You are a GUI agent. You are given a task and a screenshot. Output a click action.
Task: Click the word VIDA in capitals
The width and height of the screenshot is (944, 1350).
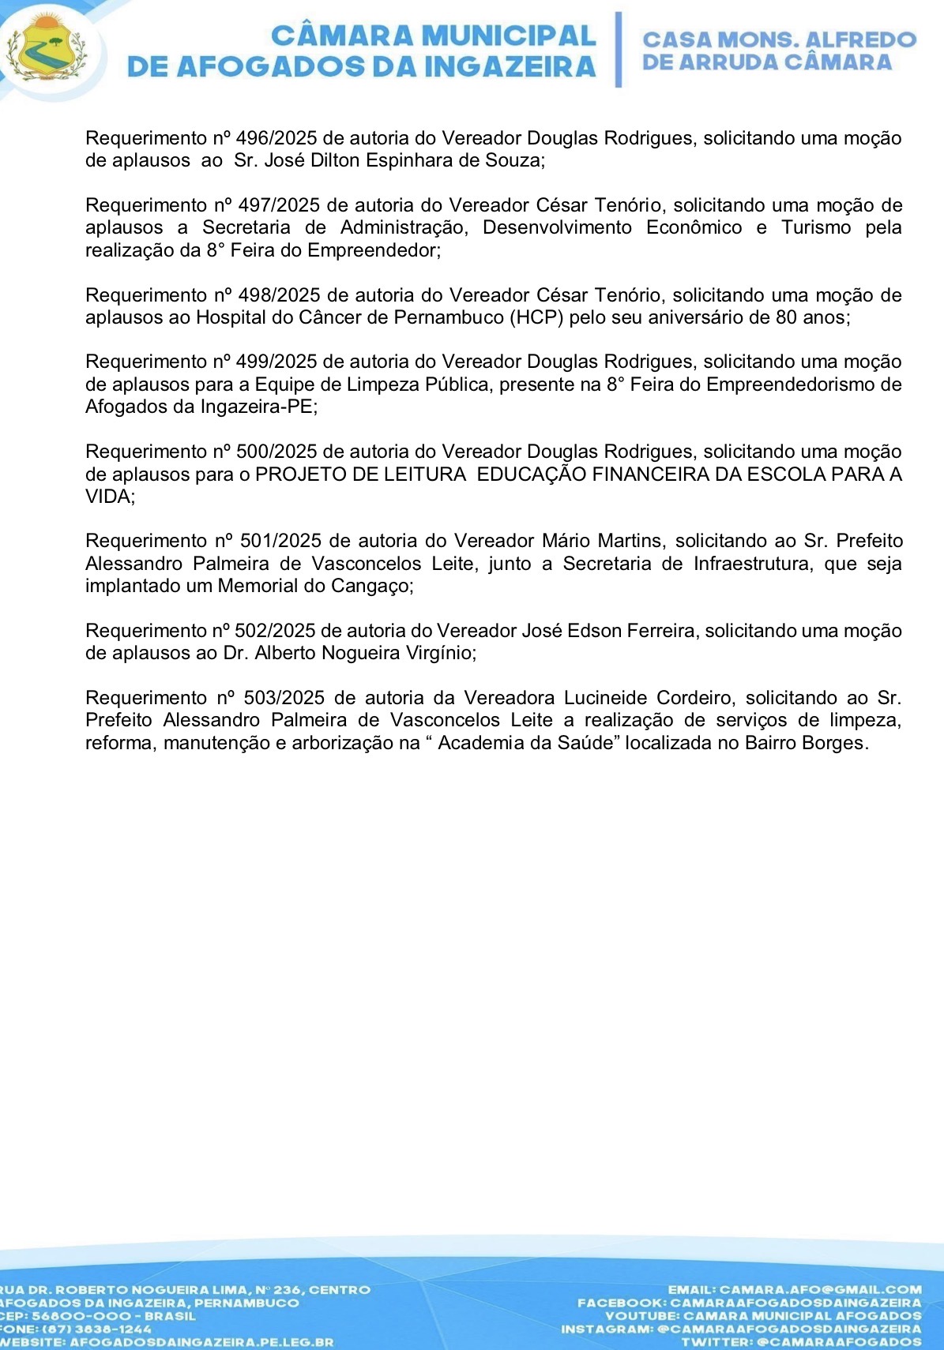(108, 497)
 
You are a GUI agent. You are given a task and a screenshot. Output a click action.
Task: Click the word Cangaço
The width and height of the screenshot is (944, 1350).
(376, 587)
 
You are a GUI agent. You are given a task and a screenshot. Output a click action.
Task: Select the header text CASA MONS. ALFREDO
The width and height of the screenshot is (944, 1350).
(779, 39)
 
